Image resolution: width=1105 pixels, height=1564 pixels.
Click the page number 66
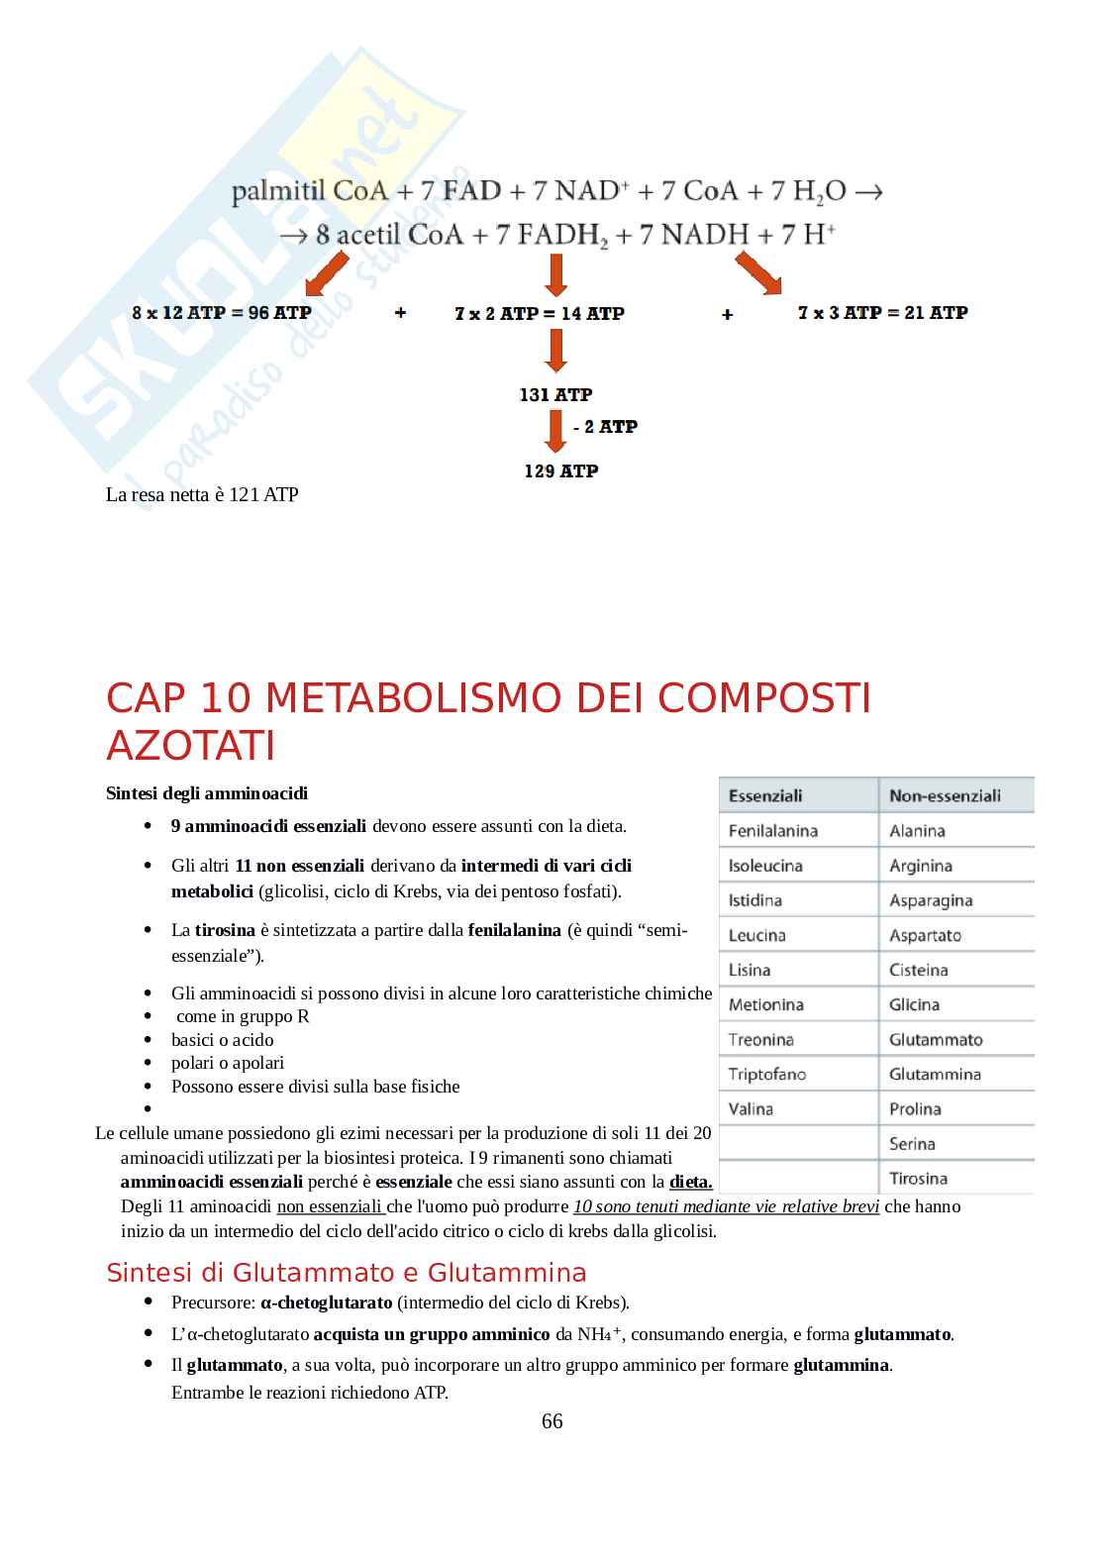[552, 1421]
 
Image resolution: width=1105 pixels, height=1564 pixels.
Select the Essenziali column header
[765, 795]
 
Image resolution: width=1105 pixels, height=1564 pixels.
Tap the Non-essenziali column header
[944, 795]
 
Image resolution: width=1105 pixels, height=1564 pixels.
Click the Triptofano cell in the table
[767, 1074]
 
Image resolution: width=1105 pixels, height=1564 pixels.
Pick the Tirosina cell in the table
[918, 1178]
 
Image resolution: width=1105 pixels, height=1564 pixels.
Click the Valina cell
[751, 1108]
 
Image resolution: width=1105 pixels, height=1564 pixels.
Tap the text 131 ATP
[555, 394]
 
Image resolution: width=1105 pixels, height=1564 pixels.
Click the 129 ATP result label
[560, 470]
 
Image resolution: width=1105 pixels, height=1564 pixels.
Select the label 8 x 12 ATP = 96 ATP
[222, 312]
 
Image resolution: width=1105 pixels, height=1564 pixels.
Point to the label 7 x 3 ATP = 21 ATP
[882, 312]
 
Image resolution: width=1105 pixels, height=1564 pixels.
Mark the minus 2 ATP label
[605, 426]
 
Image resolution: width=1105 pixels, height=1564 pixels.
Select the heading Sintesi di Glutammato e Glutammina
[346, 1272]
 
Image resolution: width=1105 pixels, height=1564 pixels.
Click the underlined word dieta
[690, 1181]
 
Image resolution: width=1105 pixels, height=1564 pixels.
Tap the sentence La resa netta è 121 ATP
[202, 494]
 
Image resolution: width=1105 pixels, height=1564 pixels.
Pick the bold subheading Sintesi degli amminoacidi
[207, 793]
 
